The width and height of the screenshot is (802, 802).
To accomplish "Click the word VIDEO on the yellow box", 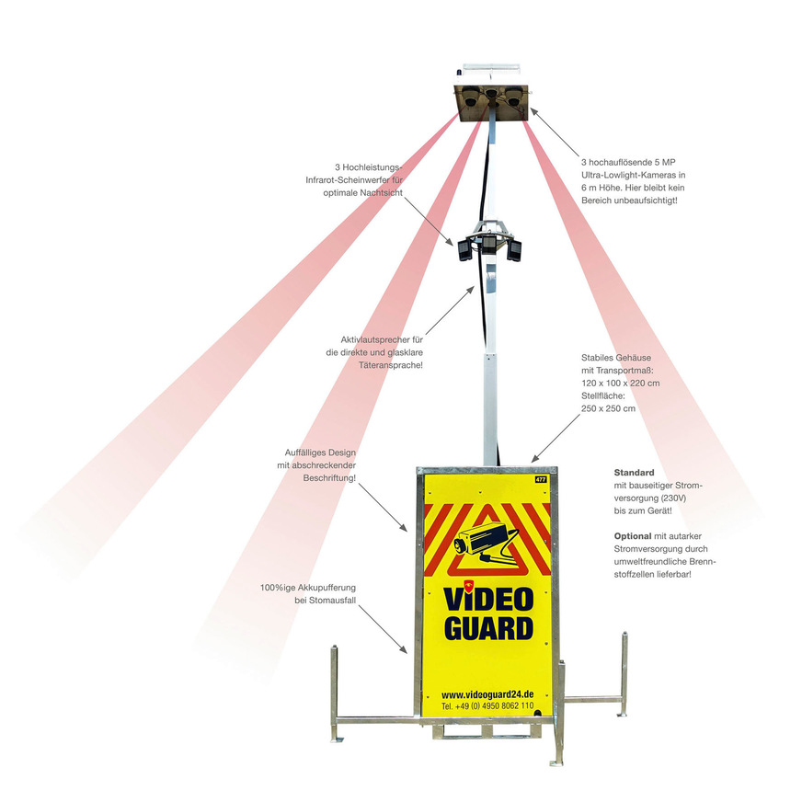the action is pyautogui.click(x=488, y=599).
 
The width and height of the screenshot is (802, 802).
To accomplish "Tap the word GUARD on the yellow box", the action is pyautogui.click(x=489, y=628).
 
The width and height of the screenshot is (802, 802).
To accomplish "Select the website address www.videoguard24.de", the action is pyautogui.click(x=487, y=694).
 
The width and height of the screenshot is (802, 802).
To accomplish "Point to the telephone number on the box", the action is pyautogui.click(x=487, y=705).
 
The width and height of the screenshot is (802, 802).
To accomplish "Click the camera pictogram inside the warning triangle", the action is pyautogui.click(x=486, y=543).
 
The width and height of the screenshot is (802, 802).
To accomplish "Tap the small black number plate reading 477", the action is pyautogui.click(x=541, y=479).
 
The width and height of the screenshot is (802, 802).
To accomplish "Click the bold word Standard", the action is pyautogui.click(x=635, y=473).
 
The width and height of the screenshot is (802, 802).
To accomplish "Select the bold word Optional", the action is pyautogui.click(x=633, y=536).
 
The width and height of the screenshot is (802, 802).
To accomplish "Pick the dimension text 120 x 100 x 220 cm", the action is pyautogui.click(x=621, y=384).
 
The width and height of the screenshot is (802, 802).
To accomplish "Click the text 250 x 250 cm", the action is pyautogui.click(x=608, y=408).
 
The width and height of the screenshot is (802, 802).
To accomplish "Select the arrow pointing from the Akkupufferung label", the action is pyautogui.click(x=383, y=629).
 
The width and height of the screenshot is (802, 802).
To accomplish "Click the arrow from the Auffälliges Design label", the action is pyautogui.click(x=383, y=508).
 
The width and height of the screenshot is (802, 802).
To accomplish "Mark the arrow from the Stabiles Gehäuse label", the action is pyautogui.click(x=556, y=438).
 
